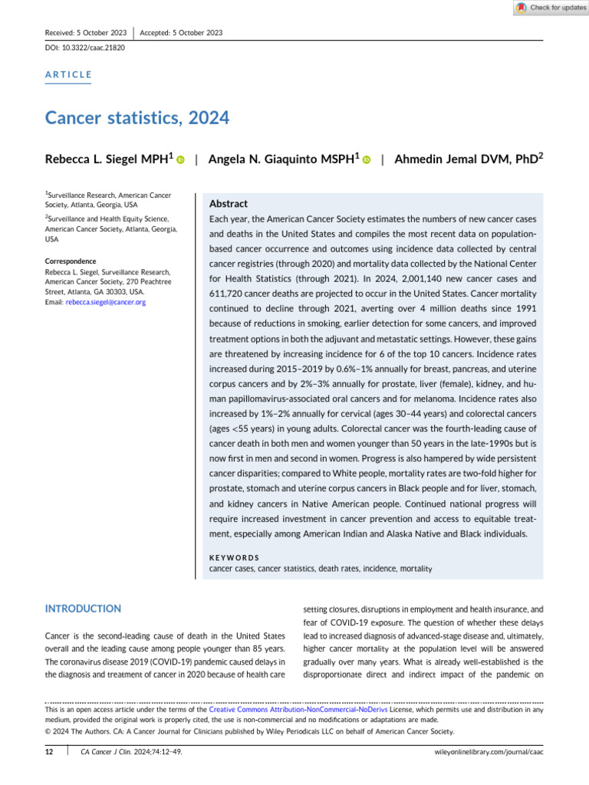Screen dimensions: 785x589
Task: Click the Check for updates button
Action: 551,8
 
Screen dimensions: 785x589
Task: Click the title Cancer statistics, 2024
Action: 137,118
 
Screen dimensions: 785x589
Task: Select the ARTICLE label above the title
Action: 68,74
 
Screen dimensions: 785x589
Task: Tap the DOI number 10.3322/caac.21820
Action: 93,48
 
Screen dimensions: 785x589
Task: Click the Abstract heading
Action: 229,204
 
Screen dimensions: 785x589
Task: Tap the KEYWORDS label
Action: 234,557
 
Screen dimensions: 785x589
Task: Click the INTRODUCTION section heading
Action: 83,609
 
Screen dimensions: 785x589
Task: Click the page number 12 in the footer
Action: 49,753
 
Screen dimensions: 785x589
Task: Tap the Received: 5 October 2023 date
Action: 86,32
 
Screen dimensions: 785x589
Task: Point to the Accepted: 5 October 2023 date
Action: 182,32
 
